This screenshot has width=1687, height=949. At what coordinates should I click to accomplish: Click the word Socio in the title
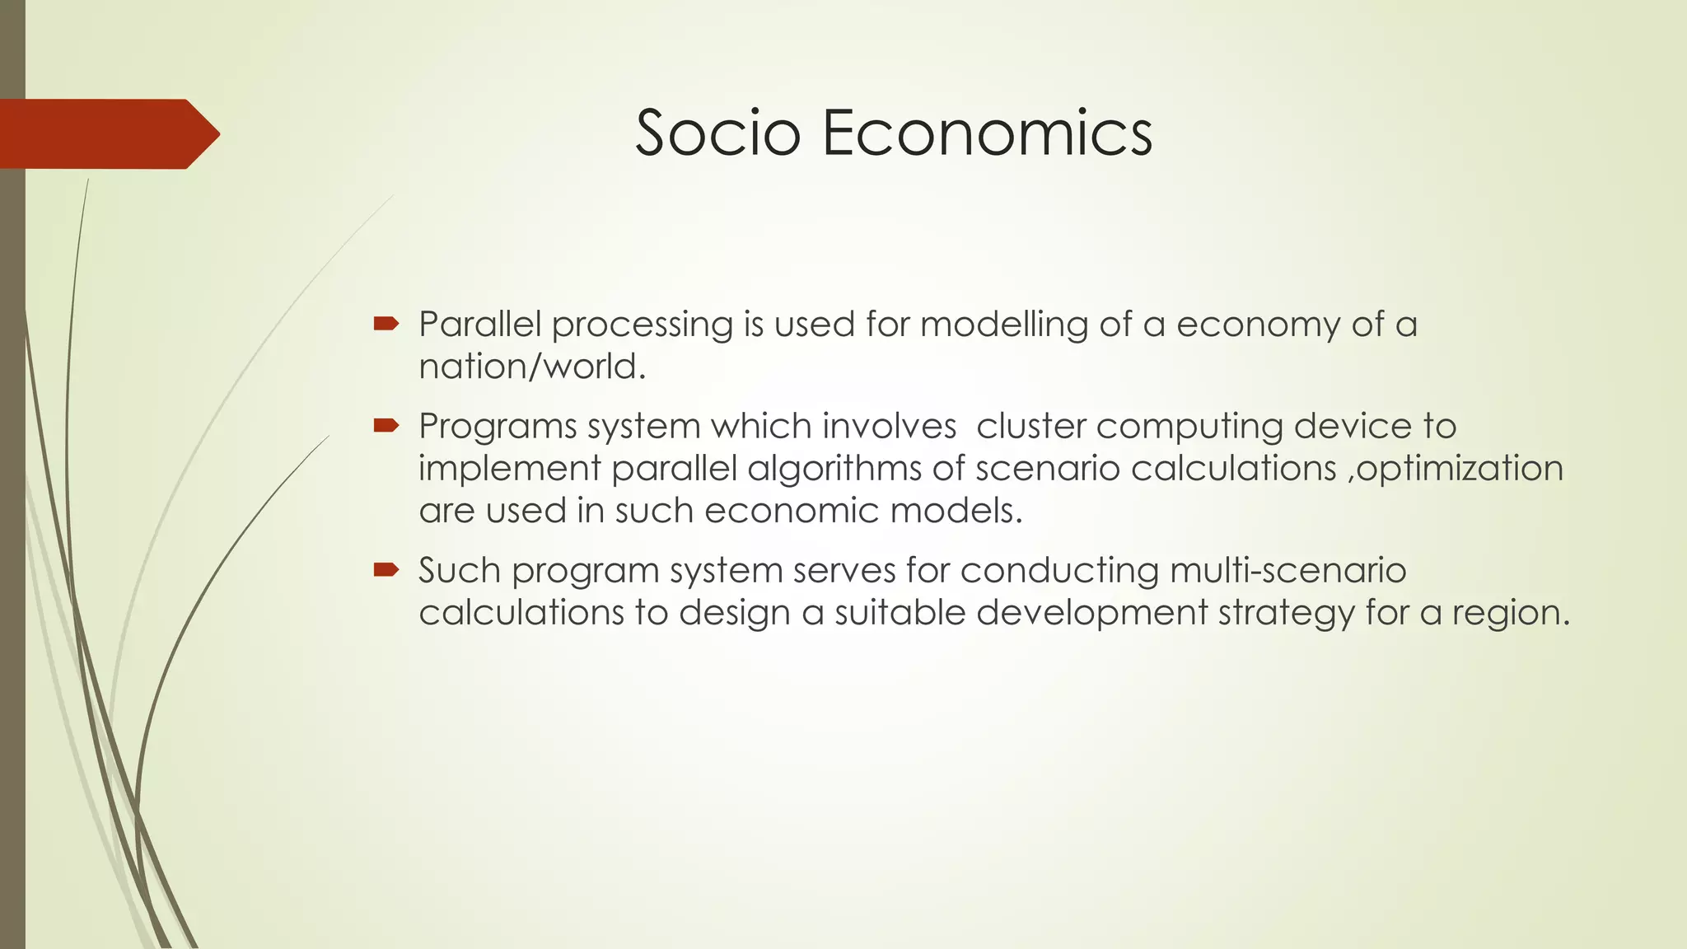[x=717, y=133]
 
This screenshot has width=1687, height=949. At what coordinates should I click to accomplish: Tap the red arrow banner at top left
[x=107, y=133]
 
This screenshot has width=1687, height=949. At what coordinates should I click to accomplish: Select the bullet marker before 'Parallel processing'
[x=386, y=324]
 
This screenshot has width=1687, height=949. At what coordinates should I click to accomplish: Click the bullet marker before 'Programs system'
[x=386, y=426]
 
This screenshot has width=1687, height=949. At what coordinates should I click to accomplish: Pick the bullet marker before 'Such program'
[x=386, y=569]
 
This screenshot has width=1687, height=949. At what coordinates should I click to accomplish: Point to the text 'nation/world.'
[x=532, y=367]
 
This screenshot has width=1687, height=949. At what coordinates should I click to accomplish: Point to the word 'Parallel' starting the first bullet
[x=479, y=325]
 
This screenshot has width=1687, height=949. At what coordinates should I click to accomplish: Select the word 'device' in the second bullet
[x=1352, y=427]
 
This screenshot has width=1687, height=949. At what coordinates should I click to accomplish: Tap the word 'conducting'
[x=1059, y=570]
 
